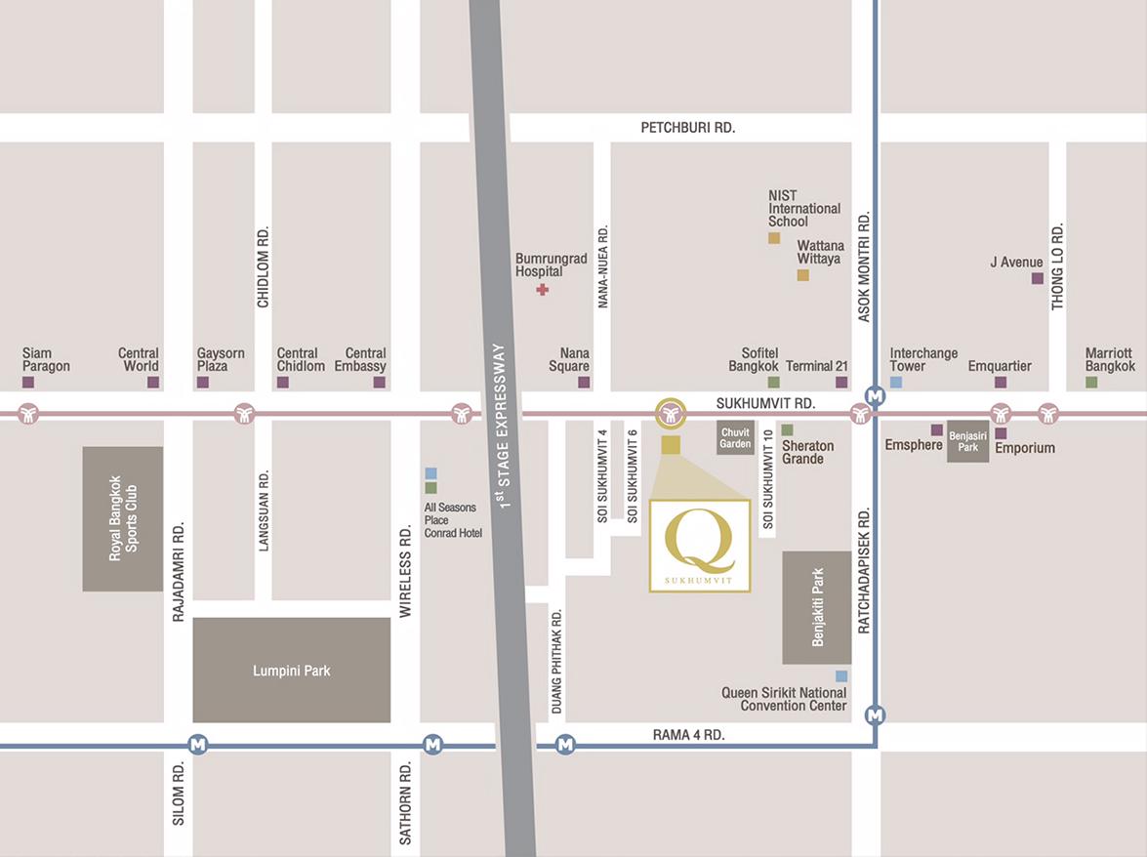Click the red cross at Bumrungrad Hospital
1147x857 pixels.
click(543, 290)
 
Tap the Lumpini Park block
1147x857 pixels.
click(291, 670)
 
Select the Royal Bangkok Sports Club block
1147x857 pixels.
click(122, 518)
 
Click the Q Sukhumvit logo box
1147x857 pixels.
click(699, 546)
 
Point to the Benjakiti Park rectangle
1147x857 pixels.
click(817, 607)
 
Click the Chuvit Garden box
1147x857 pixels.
click(735, 438)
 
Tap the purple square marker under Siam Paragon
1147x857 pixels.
click(28, 383)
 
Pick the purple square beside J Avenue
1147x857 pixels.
click(1038, 279)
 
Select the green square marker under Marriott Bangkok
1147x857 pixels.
click(1091, 383)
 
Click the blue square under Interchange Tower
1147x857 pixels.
click(896, 383)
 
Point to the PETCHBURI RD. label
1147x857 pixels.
click(687, 128)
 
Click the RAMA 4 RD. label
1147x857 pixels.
click(688, 735)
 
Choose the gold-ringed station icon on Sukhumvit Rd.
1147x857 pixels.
click(670, 414)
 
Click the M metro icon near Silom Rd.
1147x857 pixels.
click(199, 745)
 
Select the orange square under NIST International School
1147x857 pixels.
click(774, 238)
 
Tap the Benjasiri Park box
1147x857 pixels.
click(967, 442)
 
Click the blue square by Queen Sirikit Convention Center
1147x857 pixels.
click(841, 676)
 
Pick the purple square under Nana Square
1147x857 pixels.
click(584, 383)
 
